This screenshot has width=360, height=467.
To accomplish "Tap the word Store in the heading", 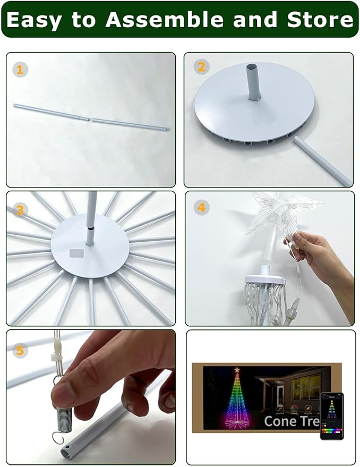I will point(320,20).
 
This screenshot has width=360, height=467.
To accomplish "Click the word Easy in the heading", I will point(36,20).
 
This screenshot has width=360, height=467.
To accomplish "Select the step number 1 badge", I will point(20,70).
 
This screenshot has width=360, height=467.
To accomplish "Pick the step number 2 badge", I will point(200,67).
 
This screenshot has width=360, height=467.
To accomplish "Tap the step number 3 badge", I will point(20,210).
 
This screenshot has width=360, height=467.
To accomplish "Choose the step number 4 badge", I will point(201,208).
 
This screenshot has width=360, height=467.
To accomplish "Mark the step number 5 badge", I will point(20,351).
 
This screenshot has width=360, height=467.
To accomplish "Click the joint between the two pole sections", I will point(90,120).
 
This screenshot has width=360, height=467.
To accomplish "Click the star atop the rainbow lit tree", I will point(237,370).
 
